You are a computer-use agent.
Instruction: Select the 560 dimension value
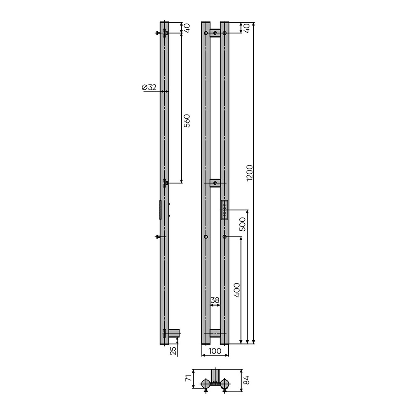[186, 121]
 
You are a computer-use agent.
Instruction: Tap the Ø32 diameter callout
[149, 87]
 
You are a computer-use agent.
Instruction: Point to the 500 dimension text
[243, 224]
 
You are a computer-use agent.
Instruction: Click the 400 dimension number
[237, 290]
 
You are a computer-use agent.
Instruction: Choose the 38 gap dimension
[215, 300]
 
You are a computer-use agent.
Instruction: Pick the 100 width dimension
[215, 351]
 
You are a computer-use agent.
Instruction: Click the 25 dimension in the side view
[173, 351]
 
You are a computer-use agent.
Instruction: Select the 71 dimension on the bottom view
[188, 379]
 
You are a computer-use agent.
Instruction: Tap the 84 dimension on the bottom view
[246, 380]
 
